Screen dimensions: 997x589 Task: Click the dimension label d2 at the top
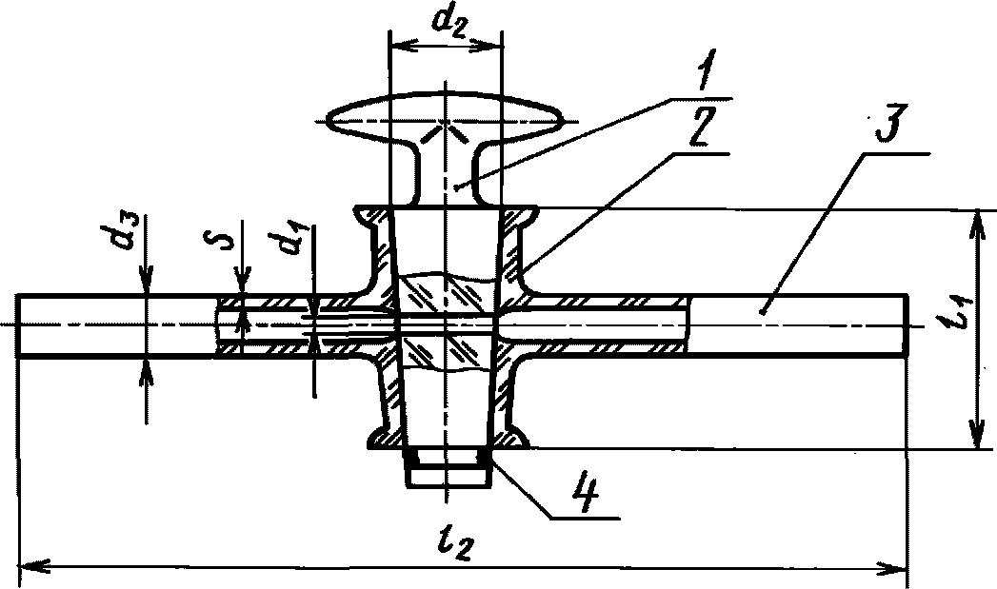pyautogui.click(x=446, y=20)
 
